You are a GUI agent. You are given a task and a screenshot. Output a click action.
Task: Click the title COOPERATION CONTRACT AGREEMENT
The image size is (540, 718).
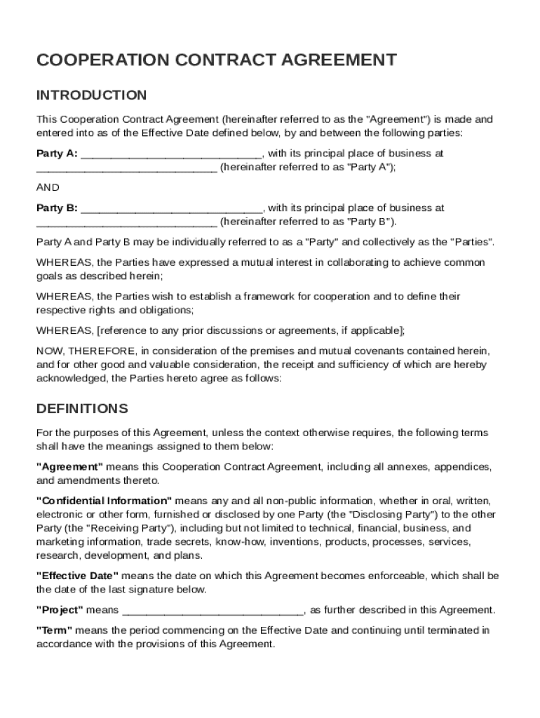(217, 60)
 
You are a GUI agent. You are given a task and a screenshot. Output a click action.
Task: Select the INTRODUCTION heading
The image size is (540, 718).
(91, 95)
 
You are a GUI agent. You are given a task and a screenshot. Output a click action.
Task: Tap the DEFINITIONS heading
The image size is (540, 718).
(82, 408)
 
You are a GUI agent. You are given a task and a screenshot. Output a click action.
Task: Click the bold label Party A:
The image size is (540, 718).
(57, 154)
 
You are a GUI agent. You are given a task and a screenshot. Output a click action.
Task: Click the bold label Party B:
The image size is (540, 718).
(57, 208)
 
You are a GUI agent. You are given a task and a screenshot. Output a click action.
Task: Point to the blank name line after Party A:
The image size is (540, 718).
(172, 155)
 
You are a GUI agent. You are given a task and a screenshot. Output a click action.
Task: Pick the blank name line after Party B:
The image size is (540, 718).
(172, 210)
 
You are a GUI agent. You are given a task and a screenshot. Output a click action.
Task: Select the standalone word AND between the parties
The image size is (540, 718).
(48, 187)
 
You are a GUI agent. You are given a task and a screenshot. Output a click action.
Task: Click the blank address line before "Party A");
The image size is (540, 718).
(126, 169)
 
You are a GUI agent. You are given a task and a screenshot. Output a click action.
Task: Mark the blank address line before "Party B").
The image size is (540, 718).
(126, 224)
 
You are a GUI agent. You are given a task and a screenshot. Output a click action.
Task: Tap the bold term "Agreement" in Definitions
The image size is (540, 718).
(69, 467)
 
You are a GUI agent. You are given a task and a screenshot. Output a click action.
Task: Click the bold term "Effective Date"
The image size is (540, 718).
(77, 576)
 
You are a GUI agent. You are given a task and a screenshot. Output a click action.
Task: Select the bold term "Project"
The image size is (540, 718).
(60, 610)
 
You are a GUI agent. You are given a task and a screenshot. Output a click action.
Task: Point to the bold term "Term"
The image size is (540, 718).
(54, 630)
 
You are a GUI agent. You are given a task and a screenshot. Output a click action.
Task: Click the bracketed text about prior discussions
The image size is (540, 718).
(250, 330)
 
